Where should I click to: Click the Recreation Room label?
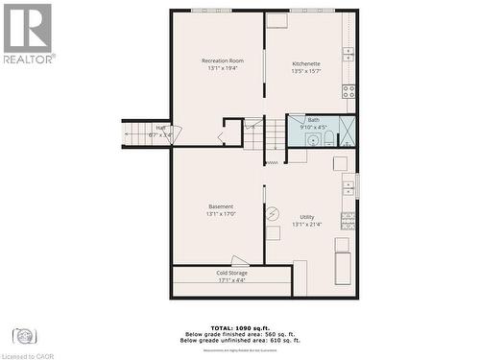pyautogui.click(x=222, y=61)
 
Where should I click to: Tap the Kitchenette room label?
pyautogui.click(x=306, y=63)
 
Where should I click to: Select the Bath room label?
pyautogui.click(x=314, y=120)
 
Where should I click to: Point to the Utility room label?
pyautogui.click(x=306, y=217)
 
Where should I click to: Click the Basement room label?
pyautogui.click(x=221, y=206)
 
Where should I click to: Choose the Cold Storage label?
pyautogui.click(x=231, y=273)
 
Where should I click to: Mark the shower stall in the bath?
pyautogui.click(x=347, y=131)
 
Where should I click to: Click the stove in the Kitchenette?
pyautogui.click(x=348, y=92)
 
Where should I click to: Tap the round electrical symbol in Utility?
pyautogui.click(x=273, y=213)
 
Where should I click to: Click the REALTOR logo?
pyautogui.click(x=28, y=33)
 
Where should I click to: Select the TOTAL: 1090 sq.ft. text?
pyautogui.click(x=240, y=328)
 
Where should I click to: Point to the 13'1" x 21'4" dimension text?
pyautogui.click(x=306, y=225)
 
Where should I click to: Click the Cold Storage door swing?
pyautogui.click(x=240, y=260)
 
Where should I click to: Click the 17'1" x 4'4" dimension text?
pyautogui.click(x=231, y=280)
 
